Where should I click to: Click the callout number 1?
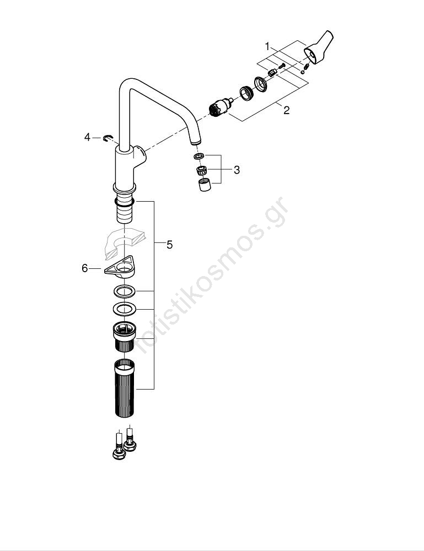point(267,46)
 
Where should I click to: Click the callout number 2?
point(287,110)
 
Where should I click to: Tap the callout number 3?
point(237,170)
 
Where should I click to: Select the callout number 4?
point(87,137)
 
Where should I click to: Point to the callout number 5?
point(169,245)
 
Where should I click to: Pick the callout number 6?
point(84,268)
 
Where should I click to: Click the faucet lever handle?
point(318,48)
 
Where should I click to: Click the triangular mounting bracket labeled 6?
point(120,267)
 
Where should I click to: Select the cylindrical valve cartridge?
point(220,107)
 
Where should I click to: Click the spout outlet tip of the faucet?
point(196,142)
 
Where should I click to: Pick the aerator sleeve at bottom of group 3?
point(205,185)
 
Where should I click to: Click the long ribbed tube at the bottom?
point(125,388)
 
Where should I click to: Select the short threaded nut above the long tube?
point(124,336)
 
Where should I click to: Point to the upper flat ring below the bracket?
point(124,291)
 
